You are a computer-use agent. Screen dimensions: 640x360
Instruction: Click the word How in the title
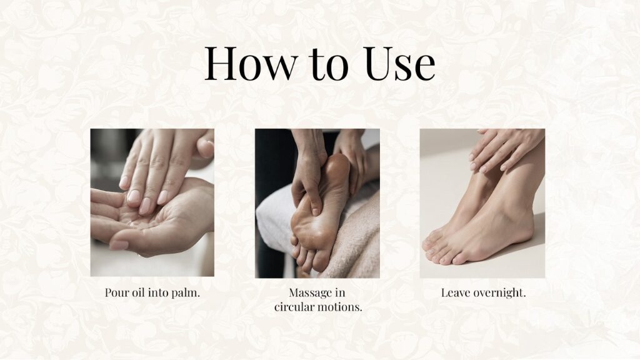tap(251, 63)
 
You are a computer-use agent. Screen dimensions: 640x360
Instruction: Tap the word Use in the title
tap(399, 63)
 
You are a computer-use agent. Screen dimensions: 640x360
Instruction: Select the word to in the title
tap(329, 64)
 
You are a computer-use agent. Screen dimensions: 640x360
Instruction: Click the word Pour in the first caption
tap(117, 292)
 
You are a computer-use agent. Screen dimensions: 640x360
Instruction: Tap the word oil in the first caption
tap(138, 292)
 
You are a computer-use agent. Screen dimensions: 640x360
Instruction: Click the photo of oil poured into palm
tap(152, 203)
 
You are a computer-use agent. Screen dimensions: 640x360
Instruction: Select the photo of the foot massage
tap(317, 204)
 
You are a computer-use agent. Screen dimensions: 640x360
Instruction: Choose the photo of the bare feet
tap(482, 204)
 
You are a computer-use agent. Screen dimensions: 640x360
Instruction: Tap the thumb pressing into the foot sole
tap(312, 202)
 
